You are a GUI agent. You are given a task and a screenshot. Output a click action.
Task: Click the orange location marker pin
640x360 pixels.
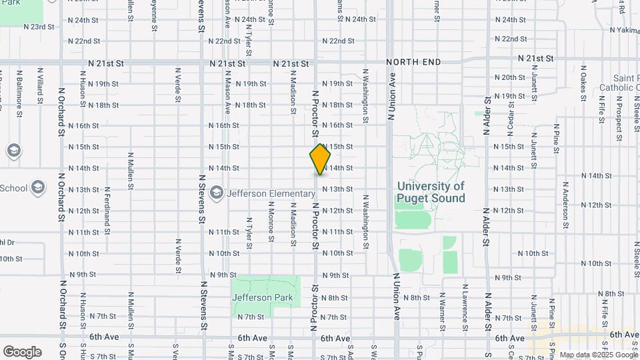(321, 159)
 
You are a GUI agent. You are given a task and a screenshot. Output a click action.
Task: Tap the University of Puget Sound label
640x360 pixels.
(431, 192)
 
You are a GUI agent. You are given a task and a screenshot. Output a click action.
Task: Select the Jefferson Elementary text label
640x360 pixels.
(271, 193)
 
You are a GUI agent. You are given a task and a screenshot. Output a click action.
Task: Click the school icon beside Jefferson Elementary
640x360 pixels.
(216, 193)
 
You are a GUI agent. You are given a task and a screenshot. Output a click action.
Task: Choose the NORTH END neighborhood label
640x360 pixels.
(413, 62)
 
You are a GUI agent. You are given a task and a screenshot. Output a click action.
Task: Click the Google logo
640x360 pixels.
(23, 351)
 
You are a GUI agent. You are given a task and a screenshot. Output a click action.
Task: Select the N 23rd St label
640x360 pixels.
(38, 27)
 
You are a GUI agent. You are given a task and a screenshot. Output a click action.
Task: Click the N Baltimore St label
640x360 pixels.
(19, 87)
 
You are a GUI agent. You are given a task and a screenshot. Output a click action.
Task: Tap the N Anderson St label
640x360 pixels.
(565, 206)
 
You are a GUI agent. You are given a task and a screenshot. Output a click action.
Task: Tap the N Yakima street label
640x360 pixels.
(625, 31)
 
